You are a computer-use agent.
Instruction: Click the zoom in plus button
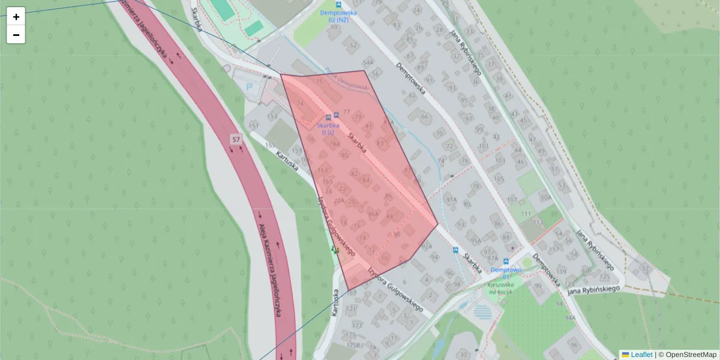[16, 16]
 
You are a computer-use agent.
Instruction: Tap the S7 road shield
[236, 140]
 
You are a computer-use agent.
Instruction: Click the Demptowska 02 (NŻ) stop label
[338, 16]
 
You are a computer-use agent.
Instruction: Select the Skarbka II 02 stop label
[328, 129]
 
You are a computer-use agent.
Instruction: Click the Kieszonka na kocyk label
[499, 288]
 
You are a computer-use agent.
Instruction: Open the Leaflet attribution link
[641, 355]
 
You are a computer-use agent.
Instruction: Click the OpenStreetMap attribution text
[691, 355]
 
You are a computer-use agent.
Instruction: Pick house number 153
[272, 116]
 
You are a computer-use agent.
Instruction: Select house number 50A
[545, 197]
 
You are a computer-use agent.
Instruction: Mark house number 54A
[368, 62]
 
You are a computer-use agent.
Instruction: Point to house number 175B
[353, 345]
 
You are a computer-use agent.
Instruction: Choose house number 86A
[373, 214]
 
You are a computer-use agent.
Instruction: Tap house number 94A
[569, 317]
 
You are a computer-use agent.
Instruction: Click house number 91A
[451, 199]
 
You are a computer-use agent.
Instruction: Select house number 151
[254, 125]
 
